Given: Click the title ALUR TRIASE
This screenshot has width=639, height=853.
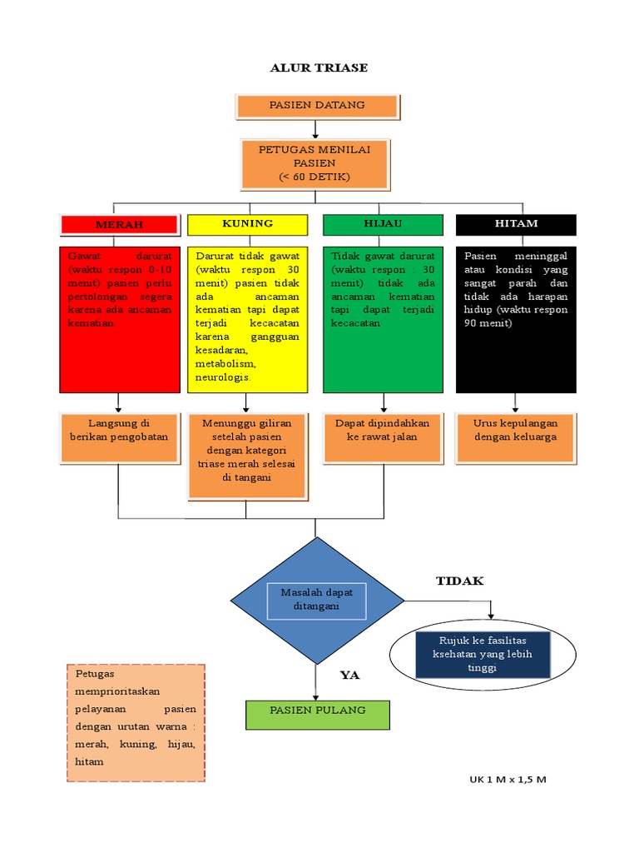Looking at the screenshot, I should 319,67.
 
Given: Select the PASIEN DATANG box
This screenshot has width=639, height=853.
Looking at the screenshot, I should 317,107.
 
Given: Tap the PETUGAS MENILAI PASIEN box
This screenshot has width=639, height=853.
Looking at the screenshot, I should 315,164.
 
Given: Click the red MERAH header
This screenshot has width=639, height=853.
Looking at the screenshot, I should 119,225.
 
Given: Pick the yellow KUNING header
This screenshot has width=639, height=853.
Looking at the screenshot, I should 247,225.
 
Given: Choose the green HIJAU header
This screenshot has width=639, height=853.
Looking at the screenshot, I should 382,225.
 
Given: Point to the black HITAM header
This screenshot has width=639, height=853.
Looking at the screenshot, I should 516,225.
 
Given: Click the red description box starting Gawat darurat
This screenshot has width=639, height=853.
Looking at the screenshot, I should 120,319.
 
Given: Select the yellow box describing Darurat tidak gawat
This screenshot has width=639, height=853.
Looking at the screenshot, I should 247,319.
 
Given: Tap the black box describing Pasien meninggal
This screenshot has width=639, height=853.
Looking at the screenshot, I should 516,319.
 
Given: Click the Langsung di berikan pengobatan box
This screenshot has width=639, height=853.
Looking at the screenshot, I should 120,437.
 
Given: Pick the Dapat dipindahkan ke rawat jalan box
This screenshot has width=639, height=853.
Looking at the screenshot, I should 382,437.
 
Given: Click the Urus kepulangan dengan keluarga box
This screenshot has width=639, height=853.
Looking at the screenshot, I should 516,437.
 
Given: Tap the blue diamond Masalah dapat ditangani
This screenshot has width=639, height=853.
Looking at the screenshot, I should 316,601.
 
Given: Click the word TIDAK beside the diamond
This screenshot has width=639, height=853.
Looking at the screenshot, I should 459,581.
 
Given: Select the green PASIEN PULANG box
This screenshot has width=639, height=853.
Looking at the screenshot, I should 317,715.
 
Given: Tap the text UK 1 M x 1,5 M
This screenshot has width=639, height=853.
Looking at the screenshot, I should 507,780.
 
